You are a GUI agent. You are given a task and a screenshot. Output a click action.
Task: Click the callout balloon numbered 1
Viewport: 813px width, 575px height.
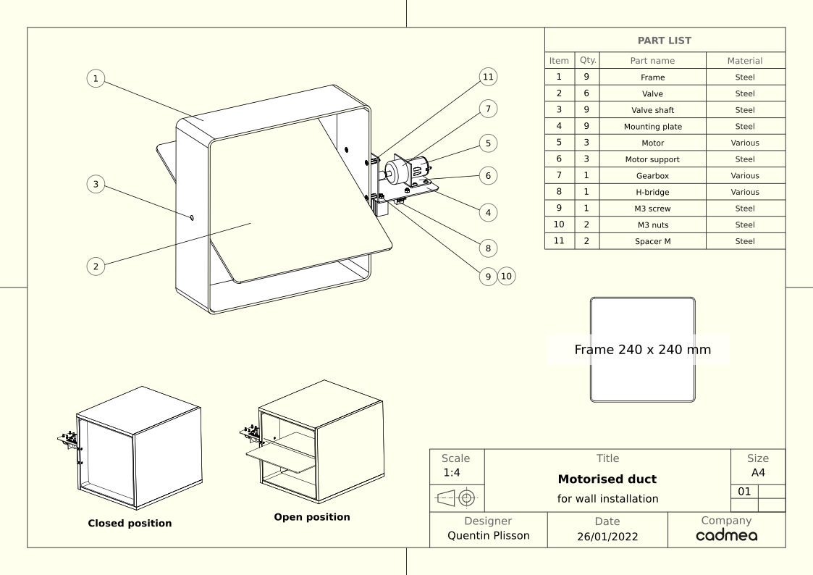(x=96, y=79)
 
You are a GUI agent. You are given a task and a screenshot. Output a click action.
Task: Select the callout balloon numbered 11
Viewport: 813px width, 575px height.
(x=488, y=77)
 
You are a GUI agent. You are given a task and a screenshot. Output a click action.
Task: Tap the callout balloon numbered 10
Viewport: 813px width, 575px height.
(x=507, y=277)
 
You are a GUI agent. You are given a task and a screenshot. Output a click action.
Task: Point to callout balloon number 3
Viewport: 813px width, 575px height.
(x=96, y=184)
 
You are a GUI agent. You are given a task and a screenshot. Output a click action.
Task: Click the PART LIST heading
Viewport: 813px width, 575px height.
(x=664, y=41)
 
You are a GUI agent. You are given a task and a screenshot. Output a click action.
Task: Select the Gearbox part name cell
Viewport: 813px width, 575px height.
(x=652, y=176)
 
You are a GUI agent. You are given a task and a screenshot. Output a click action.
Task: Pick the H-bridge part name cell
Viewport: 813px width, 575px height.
(x=652, y=192)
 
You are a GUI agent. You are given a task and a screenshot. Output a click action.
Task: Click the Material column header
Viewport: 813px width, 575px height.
(x=744, y=61)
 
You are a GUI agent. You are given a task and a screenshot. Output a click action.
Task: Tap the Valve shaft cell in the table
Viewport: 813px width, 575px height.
(x=652, y=110)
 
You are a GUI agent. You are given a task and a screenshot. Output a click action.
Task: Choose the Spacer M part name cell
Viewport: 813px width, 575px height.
(x=652, y=241)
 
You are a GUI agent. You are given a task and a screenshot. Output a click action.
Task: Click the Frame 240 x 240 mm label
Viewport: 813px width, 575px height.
(x=642, y=350)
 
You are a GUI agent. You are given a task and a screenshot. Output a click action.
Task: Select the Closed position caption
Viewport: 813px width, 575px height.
(x=130, y=523)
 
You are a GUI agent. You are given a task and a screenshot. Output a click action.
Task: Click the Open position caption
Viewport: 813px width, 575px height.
(x=312, y=517)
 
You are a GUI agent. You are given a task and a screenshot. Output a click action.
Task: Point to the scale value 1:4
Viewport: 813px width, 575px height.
(x=452, y=472)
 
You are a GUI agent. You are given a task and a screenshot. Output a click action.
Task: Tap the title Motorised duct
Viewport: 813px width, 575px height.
(x=607, y=479)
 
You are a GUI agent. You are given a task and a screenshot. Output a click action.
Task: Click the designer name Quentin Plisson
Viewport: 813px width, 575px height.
(x=489, y=536)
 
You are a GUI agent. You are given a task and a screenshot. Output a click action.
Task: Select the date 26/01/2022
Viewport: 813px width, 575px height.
(x=607, y=537)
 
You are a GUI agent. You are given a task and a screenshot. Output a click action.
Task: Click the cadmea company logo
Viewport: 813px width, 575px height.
(x=726, y=535)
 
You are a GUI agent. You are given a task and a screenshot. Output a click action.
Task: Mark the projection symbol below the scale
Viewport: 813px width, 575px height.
(x=457, y=498)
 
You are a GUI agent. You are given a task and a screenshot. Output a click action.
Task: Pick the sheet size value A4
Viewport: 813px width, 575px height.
(x=758, y=472)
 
